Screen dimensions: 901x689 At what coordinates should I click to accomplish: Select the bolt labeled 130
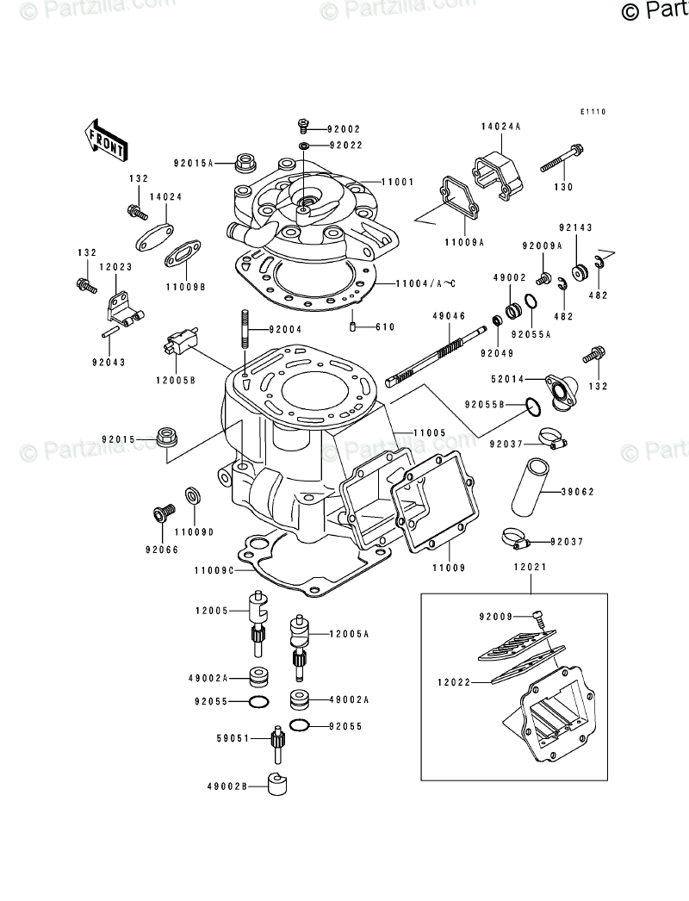click(564, 163)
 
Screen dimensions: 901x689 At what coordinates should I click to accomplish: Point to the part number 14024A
click(500, 127)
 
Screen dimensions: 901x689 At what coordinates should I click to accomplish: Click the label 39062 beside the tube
click(577, 492)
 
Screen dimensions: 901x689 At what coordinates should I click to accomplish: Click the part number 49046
click(449, 316)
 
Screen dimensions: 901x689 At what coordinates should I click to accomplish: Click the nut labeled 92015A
click(247, 161)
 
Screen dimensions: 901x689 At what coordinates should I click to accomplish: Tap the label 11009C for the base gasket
click(214, 571)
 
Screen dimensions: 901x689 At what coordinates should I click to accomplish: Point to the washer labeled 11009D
click(192, 496)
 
